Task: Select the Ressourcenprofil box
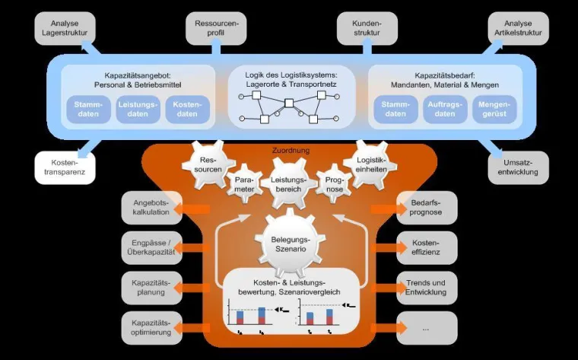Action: (216, 28)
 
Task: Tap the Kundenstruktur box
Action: (366, 28)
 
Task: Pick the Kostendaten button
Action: (187, 109)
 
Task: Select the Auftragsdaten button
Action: (445, 109)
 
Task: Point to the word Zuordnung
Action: (291, 151)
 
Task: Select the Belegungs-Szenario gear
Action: (289, 244)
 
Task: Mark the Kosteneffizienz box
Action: (427, 247)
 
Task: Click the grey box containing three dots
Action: (427, 327)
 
